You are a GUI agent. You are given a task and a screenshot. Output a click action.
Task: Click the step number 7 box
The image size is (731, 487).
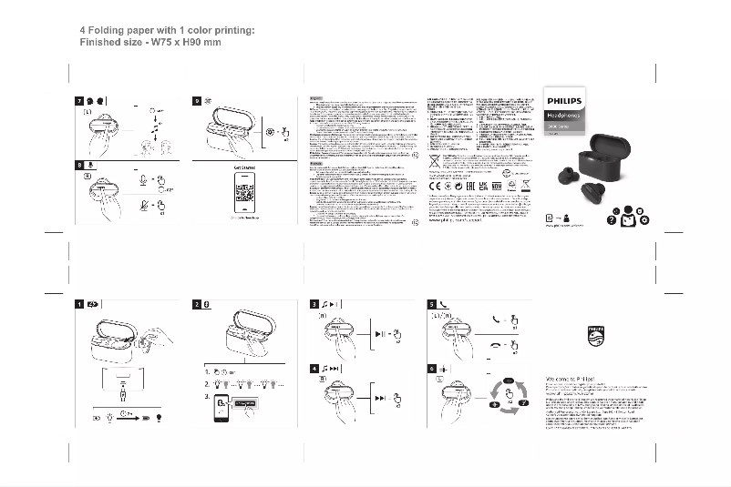point(79,100)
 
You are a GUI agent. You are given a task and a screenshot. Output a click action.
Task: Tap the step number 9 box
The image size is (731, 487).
point(197,100)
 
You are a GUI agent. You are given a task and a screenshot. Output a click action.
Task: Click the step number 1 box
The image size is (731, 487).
point(79,304)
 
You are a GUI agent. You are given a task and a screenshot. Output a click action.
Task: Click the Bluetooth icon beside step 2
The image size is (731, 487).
point(209,304)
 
